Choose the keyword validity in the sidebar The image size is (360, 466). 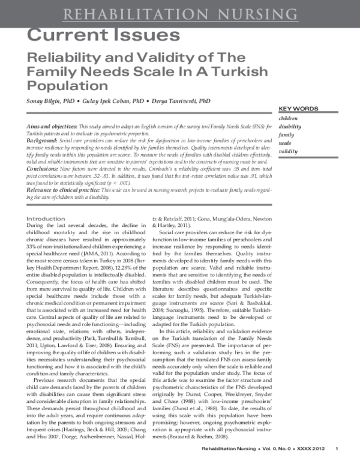point(288,152)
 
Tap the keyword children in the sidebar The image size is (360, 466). point(289,118)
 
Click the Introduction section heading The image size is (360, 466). point(46,219)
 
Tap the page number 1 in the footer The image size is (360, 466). point(337,449)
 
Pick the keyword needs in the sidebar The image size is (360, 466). point(286,144)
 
